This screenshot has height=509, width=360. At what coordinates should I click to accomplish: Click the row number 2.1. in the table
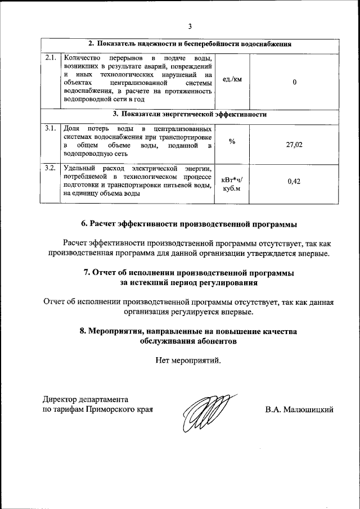[x=51, y=58]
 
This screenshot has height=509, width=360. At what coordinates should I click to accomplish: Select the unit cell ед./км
[x=232, y=79]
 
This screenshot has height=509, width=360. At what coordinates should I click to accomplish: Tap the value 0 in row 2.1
[x=294, y=82]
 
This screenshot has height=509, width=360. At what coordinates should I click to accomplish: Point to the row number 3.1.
[x=51, y=129]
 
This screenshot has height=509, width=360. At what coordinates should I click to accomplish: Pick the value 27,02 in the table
[x=294, y=145]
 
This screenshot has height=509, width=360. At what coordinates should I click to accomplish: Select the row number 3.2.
[x=51, y=168]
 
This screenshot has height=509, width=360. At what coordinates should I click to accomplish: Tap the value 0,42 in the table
[x=294, y=181]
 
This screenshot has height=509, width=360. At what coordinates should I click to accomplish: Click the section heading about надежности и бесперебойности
[x=190, y=44]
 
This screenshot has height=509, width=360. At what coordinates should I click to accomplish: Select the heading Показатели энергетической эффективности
[x=190, y=114]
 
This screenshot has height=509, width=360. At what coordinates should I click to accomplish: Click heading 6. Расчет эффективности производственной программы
[x=190, y=224]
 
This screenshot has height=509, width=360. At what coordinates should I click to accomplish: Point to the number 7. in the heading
[x=87, y=273]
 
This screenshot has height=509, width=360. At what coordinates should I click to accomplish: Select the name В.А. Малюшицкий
[x=300, y=409]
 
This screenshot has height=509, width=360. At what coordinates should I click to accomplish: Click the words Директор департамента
[x=87, y=399]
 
